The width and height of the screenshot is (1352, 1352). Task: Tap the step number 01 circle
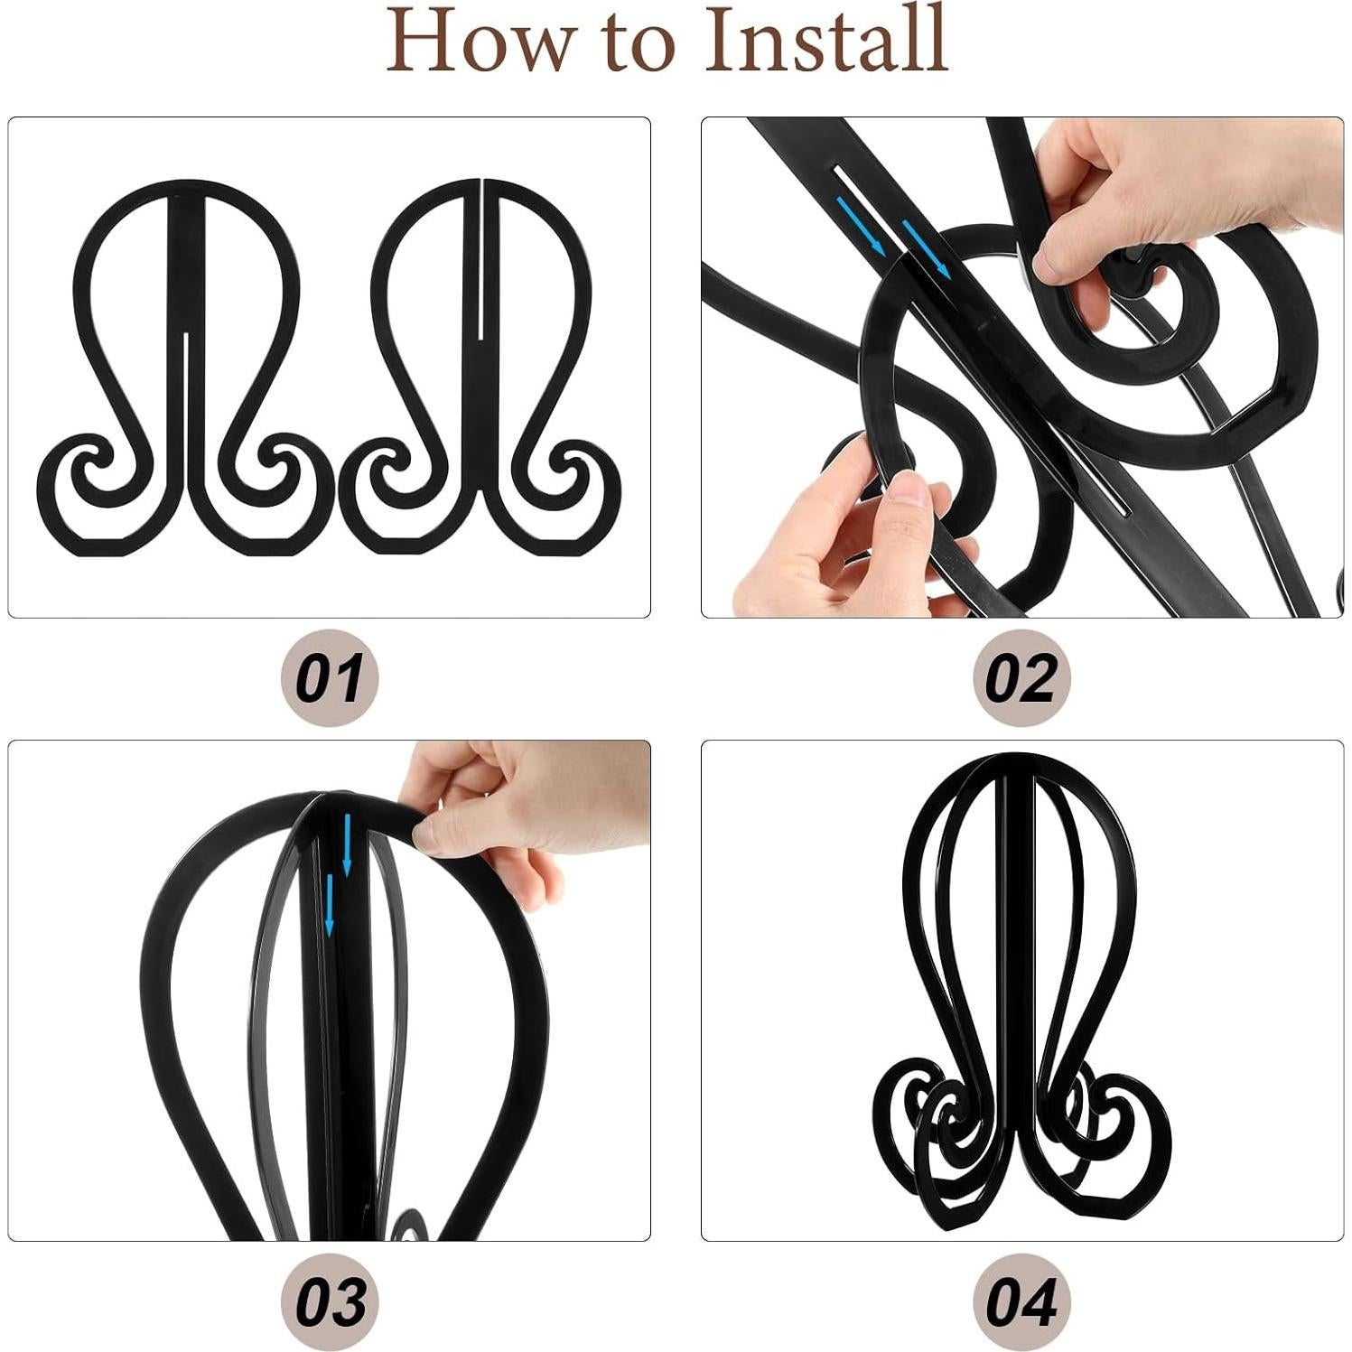click(x=330, y=677)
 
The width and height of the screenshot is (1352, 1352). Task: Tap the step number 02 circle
click(x=1021, y=677)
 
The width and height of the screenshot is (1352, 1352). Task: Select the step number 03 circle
click(x=330, y=1301)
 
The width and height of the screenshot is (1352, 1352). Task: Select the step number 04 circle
click(x=1021, y=1301)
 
